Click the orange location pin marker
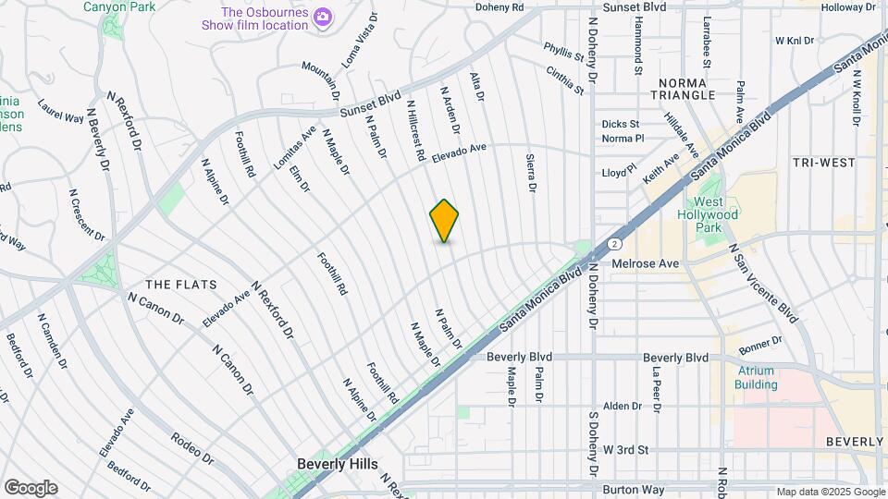(x=444, y=221)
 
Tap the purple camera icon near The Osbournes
(x=323, y=16)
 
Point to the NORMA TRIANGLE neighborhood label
(x=683, y=88)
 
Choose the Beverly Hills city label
(x=338, y=464)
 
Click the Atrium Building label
(x=757, y=377)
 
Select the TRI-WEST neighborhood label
(x=823, y=163)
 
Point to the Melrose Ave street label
(x=646, y=263)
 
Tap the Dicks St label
(x=620, y=124)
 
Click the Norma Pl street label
(x=622, y=139)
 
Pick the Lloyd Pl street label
(x=620, y=172)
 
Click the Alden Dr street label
(x=623, y=406)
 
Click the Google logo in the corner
(x=31, y=488)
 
